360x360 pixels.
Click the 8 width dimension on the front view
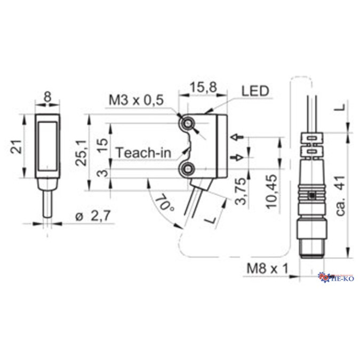pos(48,98)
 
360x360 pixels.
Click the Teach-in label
pos(143,153)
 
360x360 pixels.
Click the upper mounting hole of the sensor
pos(187,124)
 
